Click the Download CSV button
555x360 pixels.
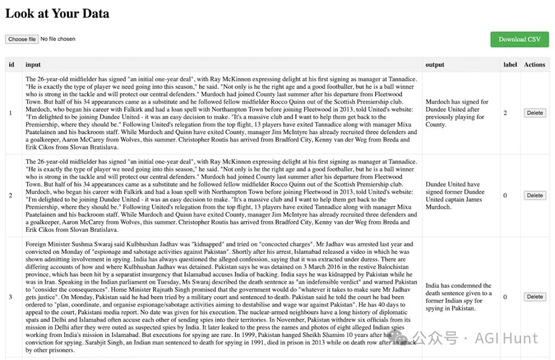520,40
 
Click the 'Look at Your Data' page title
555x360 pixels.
57,14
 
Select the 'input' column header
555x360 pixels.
33,65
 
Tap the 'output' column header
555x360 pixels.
435,65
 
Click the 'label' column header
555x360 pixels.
510,65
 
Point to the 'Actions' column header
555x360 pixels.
534,65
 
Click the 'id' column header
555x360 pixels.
11,65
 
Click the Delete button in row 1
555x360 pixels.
534,113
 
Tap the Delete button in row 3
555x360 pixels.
534,297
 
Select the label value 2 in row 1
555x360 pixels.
505,113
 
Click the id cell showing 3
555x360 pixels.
11,297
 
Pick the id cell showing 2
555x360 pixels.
11,196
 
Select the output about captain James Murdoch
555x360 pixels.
453,196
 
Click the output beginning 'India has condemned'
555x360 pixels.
458,297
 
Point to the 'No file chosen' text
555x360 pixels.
58,39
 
